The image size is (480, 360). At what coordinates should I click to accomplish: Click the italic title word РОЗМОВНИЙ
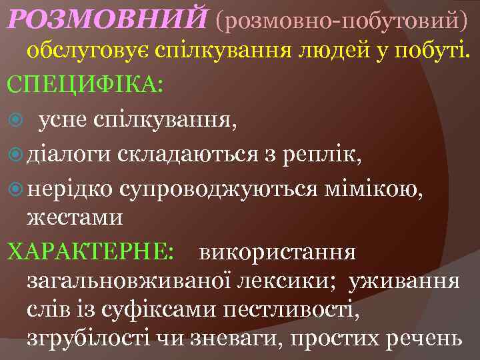(x=106, y=20)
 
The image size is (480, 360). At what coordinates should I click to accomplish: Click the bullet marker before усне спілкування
(x=17, y=121)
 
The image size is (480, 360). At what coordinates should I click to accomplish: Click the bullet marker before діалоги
(x=17, y=155)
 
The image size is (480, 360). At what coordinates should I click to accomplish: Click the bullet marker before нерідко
(x=17, y=190)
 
